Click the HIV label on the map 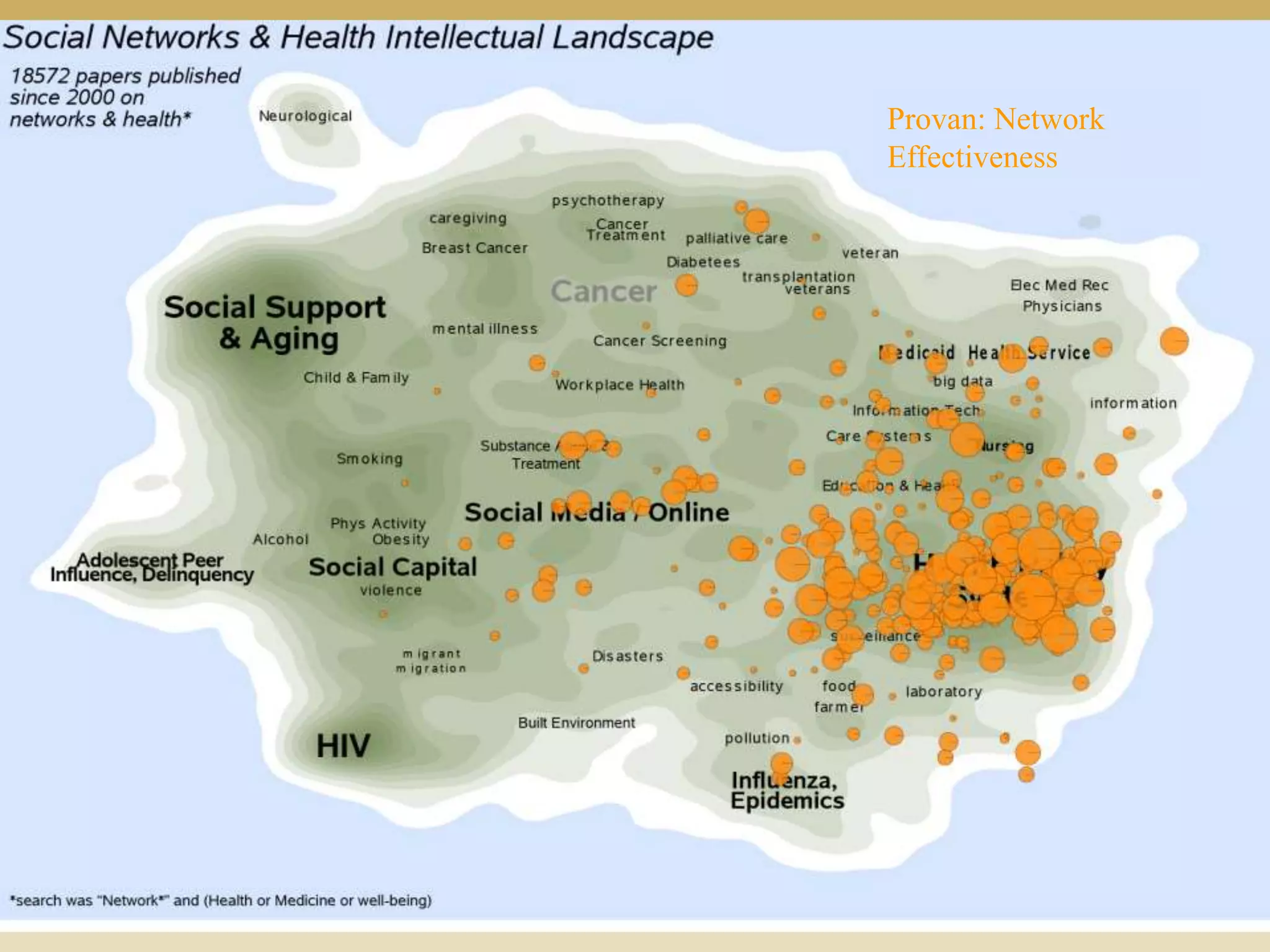(343, 746)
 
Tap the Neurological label (305, 116)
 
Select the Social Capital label (393, 567)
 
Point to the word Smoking (370, 459)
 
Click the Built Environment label (576, 723)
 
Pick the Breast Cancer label (474, 248)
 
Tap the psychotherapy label (608, 201)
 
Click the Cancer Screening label (659, 341)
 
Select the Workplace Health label (619, 385)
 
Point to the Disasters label (628, 656)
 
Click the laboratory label (944, 692)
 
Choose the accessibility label (737, 686)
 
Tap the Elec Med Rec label (1059, 285)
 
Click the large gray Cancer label (603, 291)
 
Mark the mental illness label (485, 328)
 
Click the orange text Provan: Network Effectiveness (995, 138)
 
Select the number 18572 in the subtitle (40, 76)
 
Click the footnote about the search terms (220, 900)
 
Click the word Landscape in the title (633, 37)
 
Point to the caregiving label (468, 218)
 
